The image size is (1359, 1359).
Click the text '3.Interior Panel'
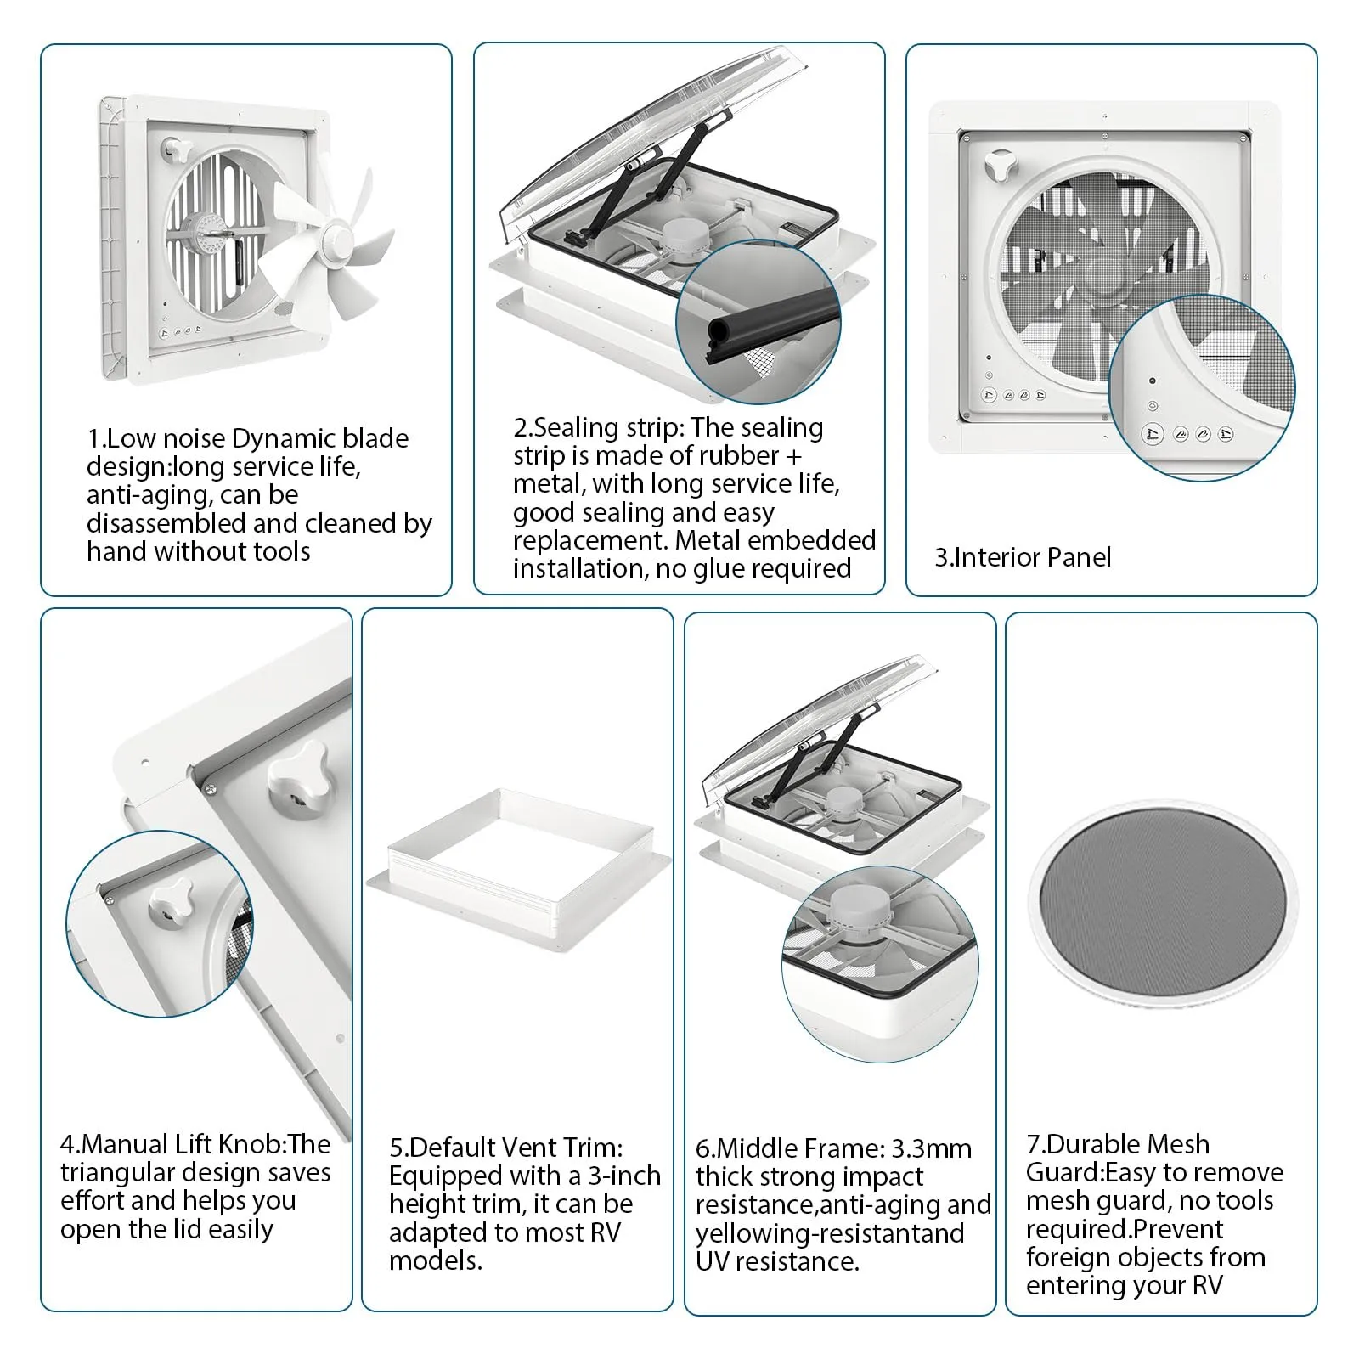1023,557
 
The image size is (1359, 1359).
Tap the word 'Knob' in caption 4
257,1144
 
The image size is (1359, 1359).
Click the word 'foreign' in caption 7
1070,1257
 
